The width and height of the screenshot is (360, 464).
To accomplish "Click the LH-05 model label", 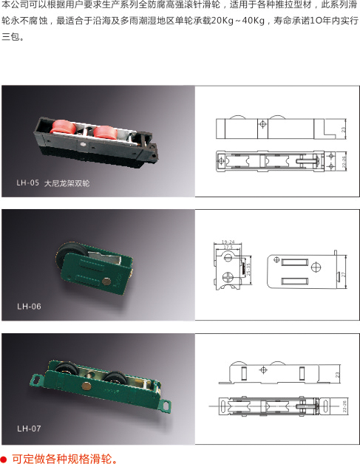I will pos(27,182).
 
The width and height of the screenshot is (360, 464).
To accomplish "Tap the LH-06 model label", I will pos(30,305).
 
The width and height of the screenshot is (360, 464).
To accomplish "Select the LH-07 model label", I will pos(30,428).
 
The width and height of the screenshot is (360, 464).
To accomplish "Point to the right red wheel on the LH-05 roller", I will pos(101,133).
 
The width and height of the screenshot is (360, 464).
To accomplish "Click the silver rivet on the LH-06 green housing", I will pos(109,280).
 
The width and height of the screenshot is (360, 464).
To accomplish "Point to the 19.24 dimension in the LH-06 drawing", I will pos(228,242).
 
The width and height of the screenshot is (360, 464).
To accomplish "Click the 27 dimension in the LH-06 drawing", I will pos(342,273).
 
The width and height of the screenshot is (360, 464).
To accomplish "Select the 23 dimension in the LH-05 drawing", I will pos(344,129).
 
